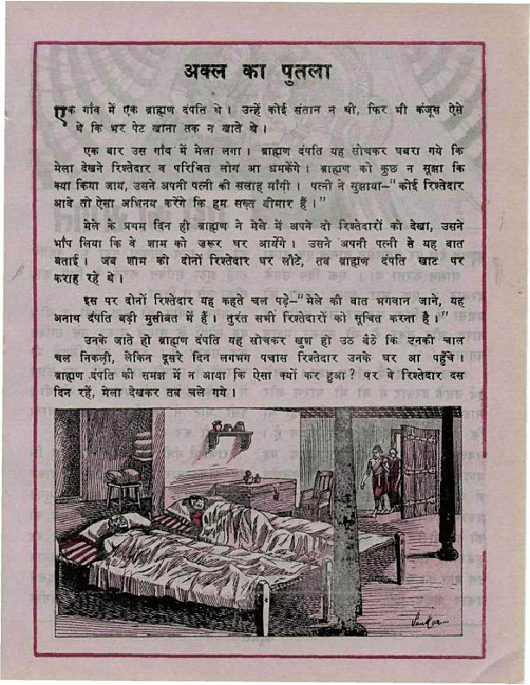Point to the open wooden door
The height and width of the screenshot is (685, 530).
pos(419,471)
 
